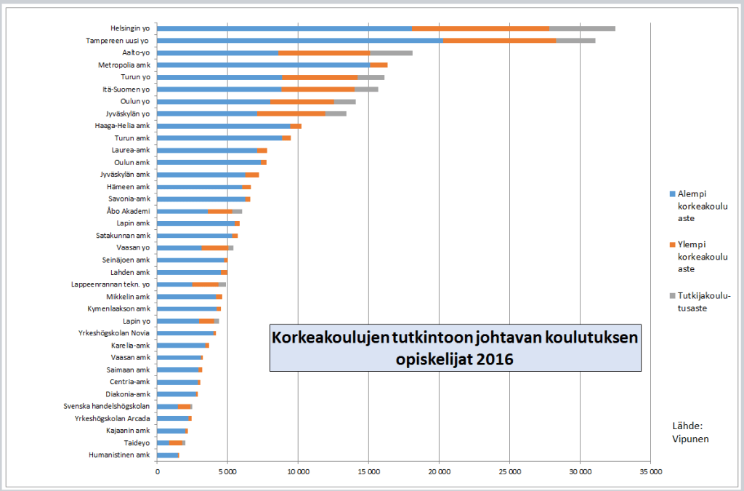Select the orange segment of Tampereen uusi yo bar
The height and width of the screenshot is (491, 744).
[x=499, y=41]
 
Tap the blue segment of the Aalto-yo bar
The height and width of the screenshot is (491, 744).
[x=218, y=53]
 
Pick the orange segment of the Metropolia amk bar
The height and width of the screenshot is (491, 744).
[x=379, y=65]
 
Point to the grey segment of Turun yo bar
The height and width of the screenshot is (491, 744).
[x=371, y=77]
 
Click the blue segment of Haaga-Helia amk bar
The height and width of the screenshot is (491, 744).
[x=224, y=126]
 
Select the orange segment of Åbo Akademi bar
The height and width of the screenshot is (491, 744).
[x=219, y=211]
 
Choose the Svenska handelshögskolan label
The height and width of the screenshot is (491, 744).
[x=107, y=406]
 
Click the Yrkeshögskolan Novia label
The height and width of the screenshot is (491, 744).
[x=114, y=333]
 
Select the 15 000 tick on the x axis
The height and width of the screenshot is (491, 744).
[x=368, y=471]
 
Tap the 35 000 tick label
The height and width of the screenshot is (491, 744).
[x=650, y=471]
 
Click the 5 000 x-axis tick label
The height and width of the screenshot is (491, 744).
[x=227, y=471]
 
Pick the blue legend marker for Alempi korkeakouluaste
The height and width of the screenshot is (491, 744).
[x=671, y=194]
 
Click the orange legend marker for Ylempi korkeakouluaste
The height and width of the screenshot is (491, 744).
[x=671, y=244]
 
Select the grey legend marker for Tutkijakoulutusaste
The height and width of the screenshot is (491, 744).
[x=671, y=295]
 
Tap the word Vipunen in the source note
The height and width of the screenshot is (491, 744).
[x=690, y=439]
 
